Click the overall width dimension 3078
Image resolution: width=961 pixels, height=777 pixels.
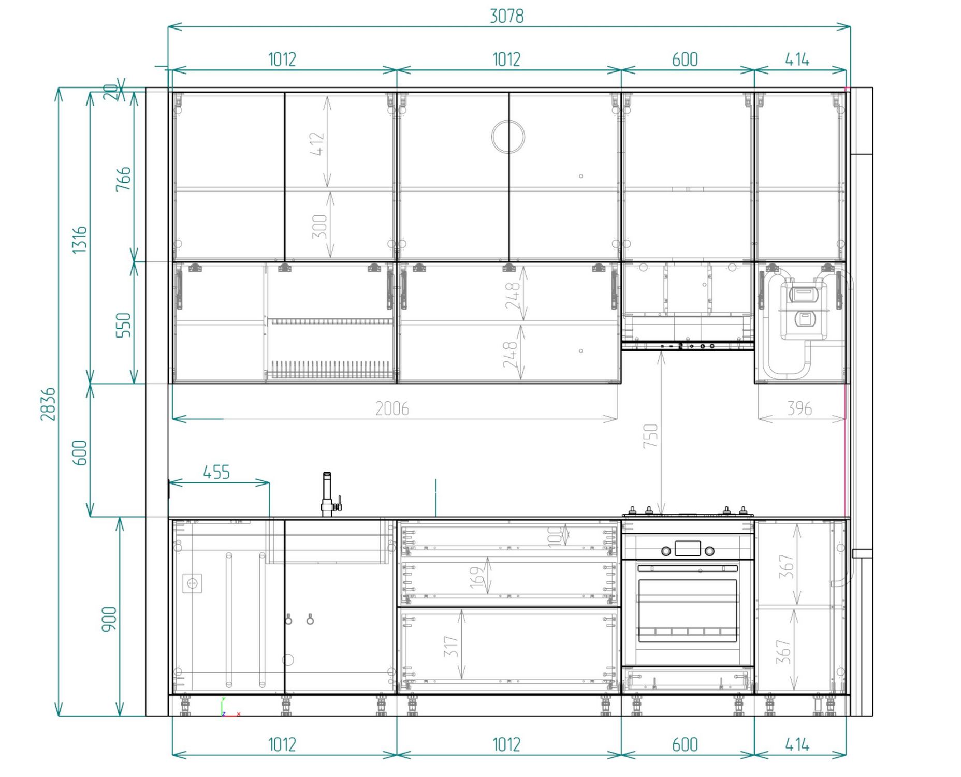click(506, 16)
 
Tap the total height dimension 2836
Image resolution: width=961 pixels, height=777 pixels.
click(48, 404)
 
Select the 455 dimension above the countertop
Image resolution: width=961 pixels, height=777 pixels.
click(216, 472)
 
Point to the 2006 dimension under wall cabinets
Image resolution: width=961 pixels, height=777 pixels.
click(392, 408)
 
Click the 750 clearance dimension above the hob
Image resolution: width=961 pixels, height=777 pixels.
click(650, 435)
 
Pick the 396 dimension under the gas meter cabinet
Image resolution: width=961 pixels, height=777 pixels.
click(799, 408)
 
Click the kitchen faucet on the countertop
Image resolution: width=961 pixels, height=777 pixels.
click(329, 494)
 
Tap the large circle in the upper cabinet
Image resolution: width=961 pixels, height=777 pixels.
click(508, 137)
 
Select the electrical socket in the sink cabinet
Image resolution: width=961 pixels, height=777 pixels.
click(192, 583)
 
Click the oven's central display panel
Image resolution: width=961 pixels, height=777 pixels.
click(688, 548)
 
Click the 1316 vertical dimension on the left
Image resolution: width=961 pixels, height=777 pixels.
click(79, 240)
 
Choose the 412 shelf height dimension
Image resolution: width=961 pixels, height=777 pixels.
click(317, 143)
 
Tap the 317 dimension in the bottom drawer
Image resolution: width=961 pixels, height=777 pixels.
click(451, 647)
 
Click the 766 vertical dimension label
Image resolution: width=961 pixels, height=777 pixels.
click(123, 179)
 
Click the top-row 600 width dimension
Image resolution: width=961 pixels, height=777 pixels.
click(685, 60)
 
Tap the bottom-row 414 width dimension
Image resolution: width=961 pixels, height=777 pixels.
click(797, 745)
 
